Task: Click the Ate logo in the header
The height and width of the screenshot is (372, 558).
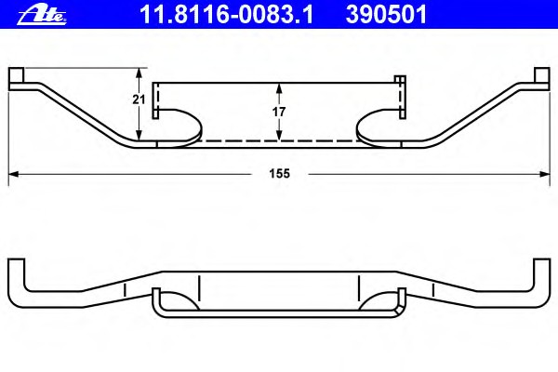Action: pyautogui.click(x=42, y=16)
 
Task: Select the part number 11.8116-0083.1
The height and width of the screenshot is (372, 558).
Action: pyautogui.click(x=226, y=15)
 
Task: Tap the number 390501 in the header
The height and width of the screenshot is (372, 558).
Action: pyautogui.click(x=386, y=15)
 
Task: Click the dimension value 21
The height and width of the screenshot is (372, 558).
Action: pyautogui.click(x=139, y=100)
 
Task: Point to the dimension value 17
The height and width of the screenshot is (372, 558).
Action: pyautogui.click(x=279, y=112)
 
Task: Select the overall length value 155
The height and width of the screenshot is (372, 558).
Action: pyautogui.click(x=279, y=174)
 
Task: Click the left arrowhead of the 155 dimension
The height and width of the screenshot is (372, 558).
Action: pyautogui.click(x=14, y=174)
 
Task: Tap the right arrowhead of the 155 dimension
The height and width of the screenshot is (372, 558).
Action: pyautogui.click(x=545, y=174)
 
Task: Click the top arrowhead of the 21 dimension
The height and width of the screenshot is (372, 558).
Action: pyautogui.click(x=139, y=73)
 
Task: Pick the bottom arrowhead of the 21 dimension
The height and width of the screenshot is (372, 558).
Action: pyautogui.click(x=139, y=135)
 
